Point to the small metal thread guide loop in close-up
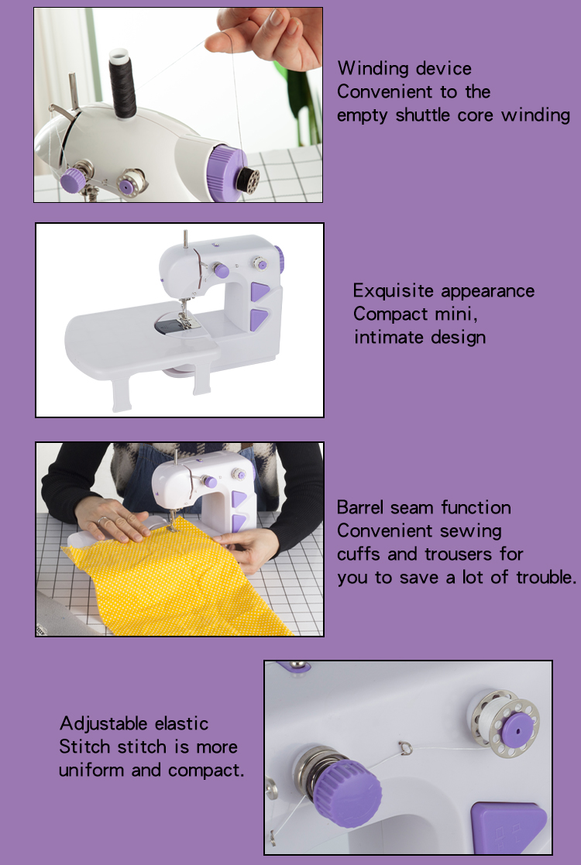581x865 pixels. point(404,747)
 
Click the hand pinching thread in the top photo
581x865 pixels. point(271,35)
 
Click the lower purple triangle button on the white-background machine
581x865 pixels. point(259,318)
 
